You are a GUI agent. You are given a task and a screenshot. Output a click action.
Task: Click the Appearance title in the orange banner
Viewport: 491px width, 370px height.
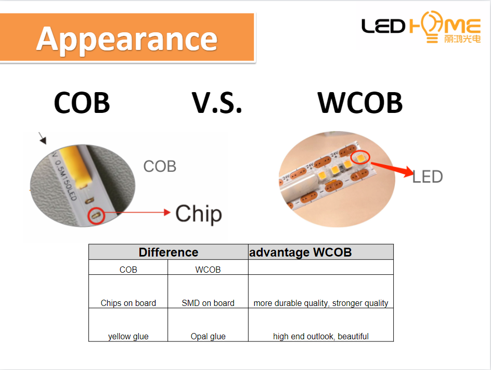click(x=127, y=40)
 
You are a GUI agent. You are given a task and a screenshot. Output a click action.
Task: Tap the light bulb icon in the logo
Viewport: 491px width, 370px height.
click(x=432, y=27)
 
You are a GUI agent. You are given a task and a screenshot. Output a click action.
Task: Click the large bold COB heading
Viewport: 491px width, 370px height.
click(x=82, y=103)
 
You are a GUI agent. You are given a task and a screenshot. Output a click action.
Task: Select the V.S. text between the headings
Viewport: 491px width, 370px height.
click(x=217, y=103)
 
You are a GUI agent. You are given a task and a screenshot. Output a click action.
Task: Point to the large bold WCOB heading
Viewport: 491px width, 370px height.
click(x=360, y=103)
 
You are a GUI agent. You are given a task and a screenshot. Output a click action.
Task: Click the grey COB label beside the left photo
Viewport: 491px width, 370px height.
click(x=160, y=167)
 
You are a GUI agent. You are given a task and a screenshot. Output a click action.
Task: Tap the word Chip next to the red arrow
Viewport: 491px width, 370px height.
click(x=199, y=214)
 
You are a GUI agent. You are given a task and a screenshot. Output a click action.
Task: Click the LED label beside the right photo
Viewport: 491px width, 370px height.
click(x=428, y=177)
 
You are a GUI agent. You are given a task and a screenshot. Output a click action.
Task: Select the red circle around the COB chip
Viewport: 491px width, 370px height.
click(x=96, y=215)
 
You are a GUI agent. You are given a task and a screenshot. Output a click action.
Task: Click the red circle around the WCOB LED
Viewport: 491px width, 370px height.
click(x=360, y=157)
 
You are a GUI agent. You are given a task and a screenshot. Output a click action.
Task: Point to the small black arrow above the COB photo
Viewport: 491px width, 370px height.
click(x=43, y=138)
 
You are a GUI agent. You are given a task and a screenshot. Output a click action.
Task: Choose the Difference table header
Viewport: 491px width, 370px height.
click(x=169, y=252)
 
